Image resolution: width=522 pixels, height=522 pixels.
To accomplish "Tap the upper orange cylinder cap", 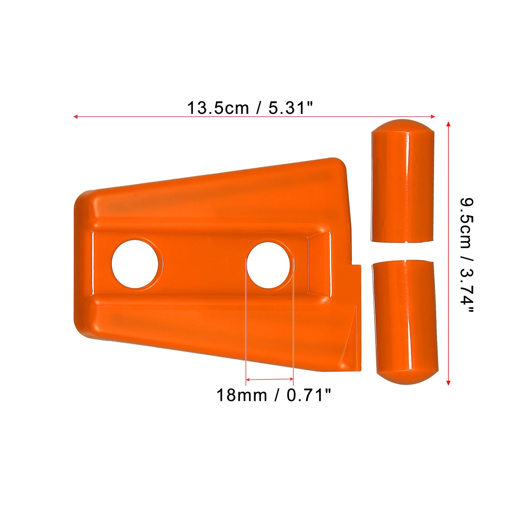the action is (402, 181).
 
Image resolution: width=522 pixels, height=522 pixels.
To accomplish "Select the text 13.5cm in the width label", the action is (218, 108).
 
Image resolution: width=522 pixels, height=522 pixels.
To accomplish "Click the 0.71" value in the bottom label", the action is (309, 395).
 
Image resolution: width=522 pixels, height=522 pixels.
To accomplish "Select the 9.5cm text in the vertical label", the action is (467, 223).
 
